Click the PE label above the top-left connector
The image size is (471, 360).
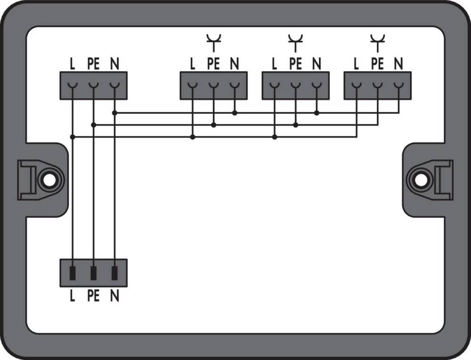pos(93,64)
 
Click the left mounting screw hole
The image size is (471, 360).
pos(47,179)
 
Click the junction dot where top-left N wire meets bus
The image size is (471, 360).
pos(114,113)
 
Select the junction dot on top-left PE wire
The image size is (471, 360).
pos(93,125)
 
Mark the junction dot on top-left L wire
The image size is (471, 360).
pos(72,137)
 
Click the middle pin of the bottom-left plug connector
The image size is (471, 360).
pos(93,272)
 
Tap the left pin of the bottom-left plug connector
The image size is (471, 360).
pos(72,272)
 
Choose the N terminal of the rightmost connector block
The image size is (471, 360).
pos(398,85)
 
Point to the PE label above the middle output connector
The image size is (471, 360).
pos(295,64)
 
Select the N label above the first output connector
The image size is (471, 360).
pos(234,64)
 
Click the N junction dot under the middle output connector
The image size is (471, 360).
pos(317,113)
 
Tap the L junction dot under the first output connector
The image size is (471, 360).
pos(193,137)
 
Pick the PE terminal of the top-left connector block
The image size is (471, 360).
pos(93,85)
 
